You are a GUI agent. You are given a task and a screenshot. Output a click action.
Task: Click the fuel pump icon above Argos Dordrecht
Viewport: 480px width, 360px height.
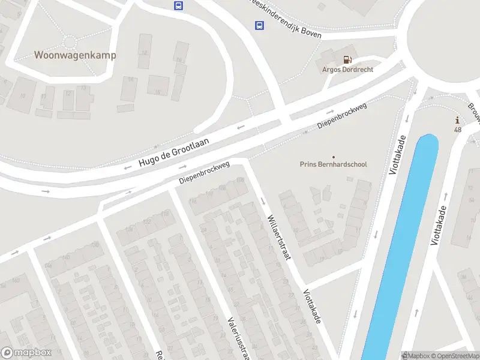click(347, 59)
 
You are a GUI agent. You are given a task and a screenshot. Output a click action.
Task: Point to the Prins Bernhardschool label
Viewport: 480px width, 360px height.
click(333, 164)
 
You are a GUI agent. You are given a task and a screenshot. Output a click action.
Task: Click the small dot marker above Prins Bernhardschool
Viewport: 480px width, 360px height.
click(334, 157)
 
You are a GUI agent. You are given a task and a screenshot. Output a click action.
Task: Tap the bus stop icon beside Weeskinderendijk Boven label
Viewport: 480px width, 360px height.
click(259, 25)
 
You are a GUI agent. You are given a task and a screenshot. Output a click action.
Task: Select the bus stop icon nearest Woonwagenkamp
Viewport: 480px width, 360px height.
click(178, 5)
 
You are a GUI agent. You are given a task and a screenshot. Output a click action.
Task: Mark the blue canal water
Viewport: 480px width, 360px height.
click(399, 252)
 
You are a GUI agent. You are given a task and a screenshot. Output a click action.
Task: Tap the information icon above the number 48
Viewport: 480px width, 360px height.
click(458, 120)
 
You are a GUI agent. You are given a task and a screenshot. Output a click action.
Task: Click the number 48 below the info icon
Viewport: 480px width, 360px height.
click(458, 130)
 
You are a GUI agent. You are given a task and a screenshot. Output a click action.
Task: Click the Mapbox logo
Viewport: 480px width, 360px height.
click(26, 353)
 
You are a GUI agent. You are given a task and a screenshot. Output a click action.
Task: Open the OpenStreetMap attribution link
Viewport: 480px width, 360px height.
click(456, 355)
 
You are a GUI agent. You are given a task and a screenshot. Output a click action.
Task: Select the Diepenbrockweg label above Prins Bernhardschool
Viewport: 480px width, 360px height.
click(342, 115)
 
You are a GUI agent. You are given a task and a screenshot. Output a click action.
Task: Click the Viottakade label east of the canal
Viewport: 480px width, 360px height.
click(439, 226)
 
